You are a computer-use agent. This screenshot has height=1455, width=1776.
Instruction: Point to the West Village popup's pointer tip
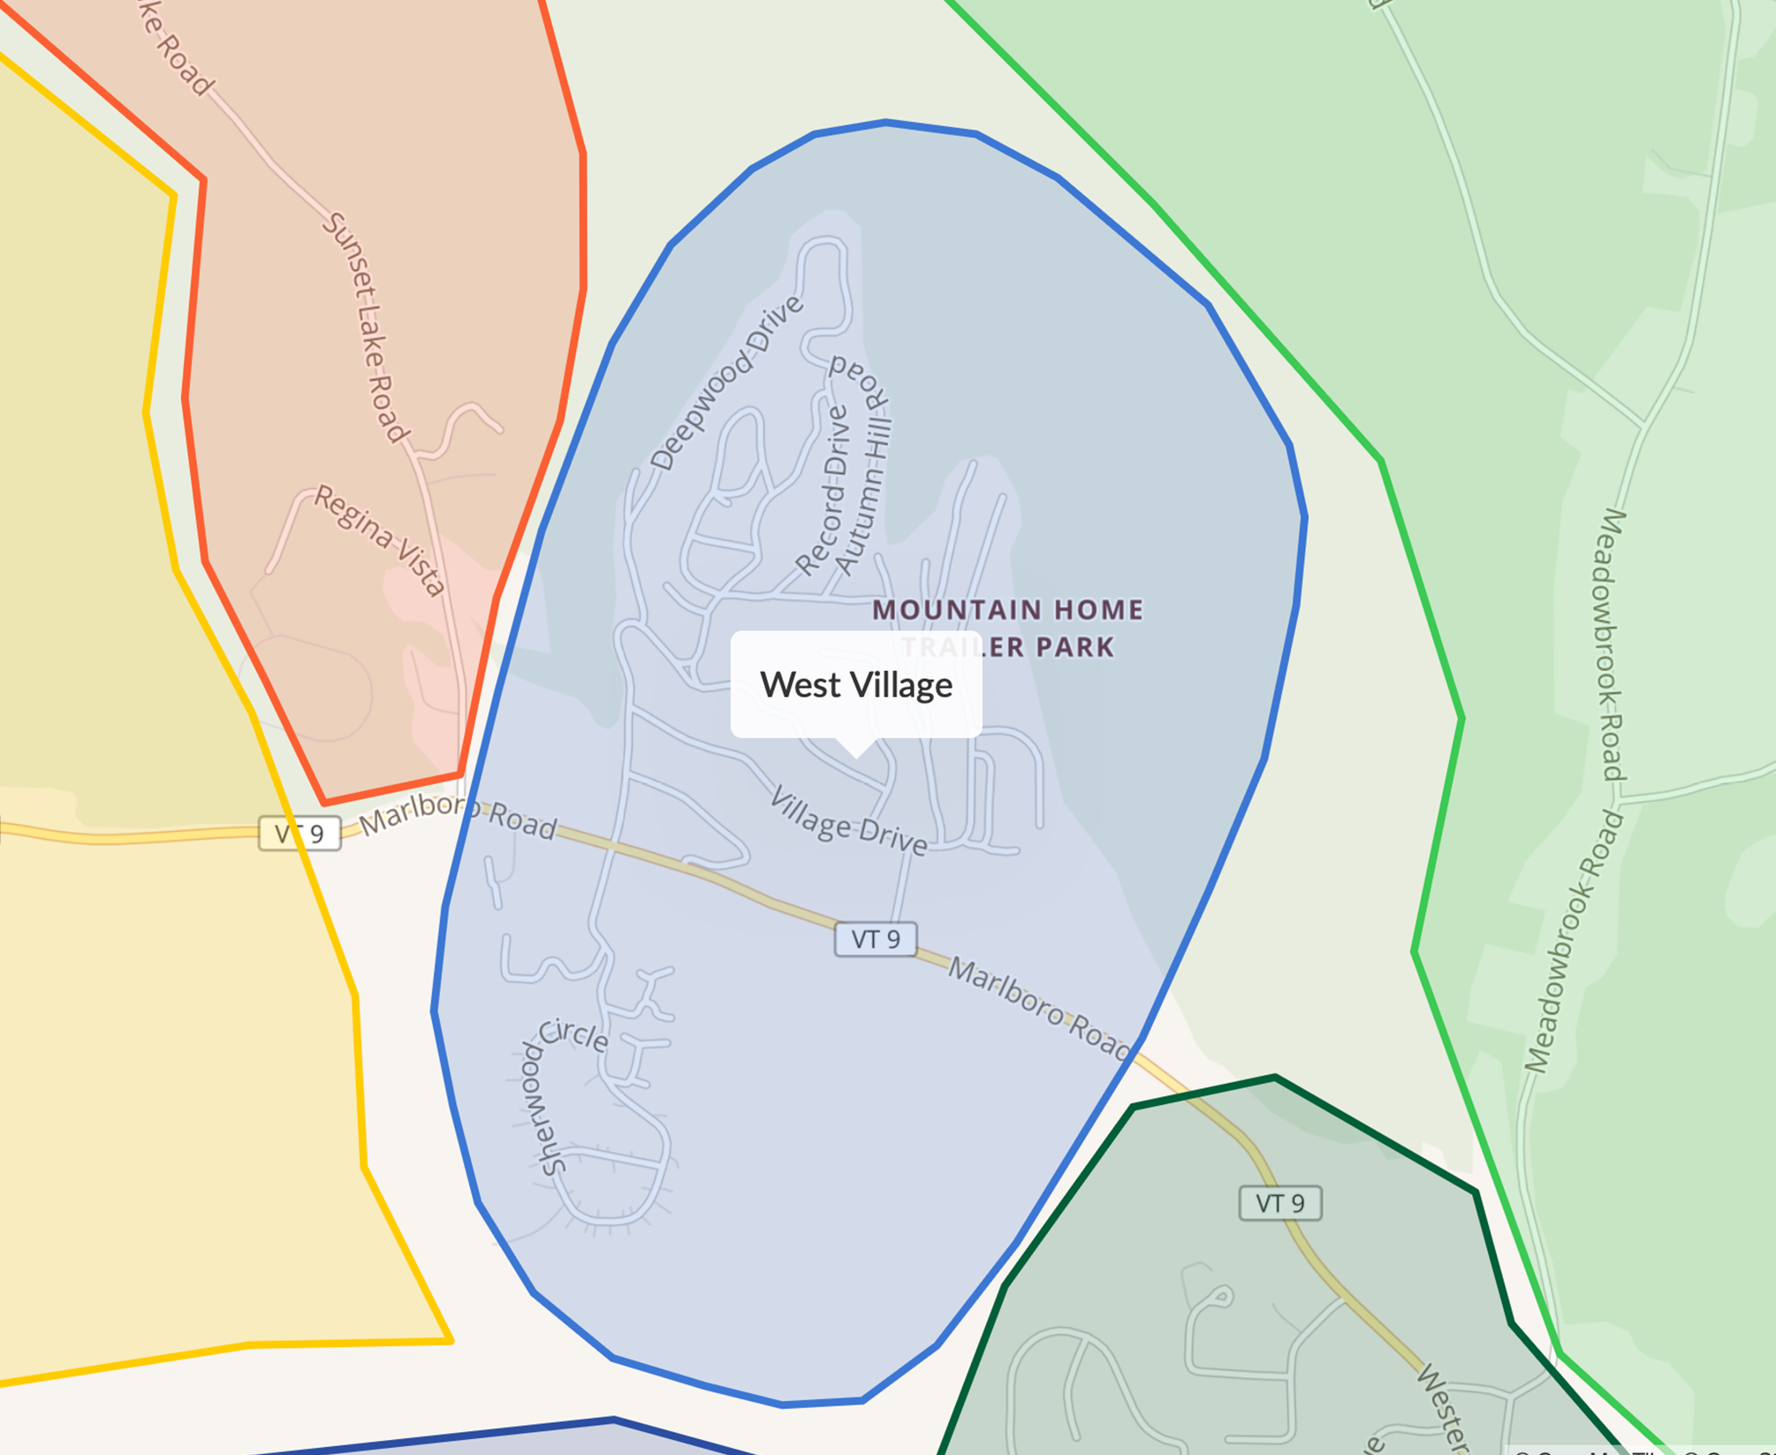click(x=856, y=756)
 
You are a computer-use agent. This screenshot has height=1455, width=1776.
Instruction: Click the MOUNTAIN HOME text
click(x=1007, y=610)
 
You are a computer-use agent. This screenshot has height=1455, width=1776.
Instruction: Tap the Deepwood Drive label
click(x=726, y=383)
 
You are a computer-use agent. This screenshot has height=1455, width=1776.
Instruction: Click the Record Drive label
click(x=823, y=491)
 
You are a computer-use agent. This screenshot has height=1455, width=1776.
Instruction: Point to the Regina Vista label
click(x=380, y=540)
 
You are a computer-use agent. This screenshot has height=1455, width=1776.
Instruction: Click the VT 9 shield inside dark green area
click(x=1280, y=1203)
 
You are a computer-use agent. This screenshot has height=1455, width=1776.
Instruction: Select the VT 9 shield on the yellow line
click(x=300, y=834)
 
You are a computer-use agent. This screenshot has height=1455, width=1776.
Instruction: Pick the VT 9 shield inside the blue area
click(x=876, y=939)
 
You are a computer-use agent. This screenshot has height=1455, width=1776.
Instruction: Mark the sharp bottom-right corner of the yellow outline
click(x=452, y=1341)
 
